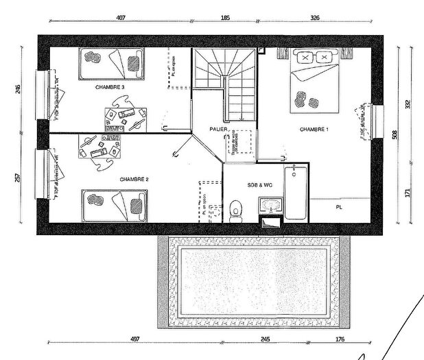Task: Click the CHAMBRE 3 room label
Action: pyautogui.click(x=110, y=88)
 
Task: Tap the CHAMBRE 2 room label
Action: pyautogui.click(x=134, y=179)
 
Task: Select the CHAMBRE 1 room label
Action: pyautogui.click(x=314, y=130)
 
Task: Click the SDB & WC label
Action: pyautogui.click(x=260, y=185)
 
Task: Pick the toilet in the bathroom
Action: pyautogui.click(x=236, y=209)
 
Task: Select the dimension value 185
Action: pyautogui.click(x=225, y=19)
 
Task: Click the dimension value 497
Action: pyautogui.click(x=135, y=339)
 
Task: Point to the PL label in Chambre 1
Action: pyautogui.click(x=339, y=206)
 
